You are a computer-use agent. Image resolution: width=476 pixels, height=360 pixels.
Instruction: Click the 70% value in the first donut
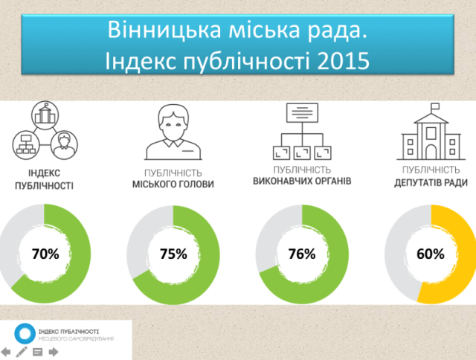coord(45,254)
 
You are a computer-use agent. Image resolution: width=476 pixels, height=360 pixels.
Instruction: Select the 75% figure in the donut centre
coord(173,254)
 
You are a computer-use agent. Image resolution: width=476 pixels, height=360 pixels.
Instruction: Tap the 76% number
coord(302,254)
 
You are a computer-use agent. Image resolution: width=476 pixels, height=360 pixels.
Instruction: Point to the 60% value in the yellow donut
coord(431,254)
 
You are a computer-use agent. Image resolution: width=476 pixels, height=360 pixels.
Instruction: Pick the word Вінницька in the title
coord(164,30)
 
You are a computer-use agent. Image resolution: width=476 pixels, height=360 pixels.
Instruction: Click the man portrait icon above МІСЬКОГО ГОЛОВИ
coord(173,132)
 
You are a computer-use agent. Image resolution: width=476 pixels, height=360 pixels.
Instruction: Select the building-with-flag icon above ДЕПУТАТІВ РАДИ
coord(431,132)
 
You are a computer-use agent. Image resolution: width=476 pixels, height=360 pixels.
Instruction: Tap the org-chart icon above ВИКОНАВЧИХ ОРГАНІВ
coord(303,132)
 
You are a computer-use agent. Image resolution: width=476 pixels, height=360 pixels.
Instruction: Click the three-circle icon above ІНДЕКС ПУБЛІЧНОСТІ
coord(45,130)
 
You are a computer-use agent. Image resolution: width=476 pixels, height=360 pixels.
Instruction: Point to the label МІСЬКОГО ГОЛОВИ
coord(173,184)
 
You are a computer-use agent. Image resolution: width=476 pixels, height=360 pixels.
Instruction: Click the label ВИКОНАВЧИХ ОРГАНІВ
coord(302,181)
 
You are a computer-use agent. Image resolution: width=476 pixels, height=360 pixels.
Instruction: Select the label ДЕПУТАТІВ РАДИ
coord(431,183)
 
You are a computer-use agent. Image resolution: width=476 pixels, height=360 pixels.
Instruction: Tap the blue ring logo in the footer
coord(25,333)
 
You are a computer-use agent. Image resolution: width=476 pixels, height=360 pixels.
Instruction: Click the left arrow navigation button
coord(5,352)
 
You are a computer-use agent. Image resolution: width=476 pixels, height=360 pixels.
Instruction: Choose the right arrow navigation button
coord(54,352)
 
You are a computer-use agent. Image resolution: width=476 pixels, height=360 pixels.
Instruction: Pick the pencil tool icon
coord(22,352)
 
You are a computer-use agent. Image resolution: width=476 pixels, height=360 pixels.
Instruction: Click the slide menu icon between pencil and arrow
coord(37,352)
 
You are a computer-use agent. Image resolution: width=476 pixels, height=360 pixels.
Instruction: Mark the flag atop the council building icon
coord(435,106)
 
